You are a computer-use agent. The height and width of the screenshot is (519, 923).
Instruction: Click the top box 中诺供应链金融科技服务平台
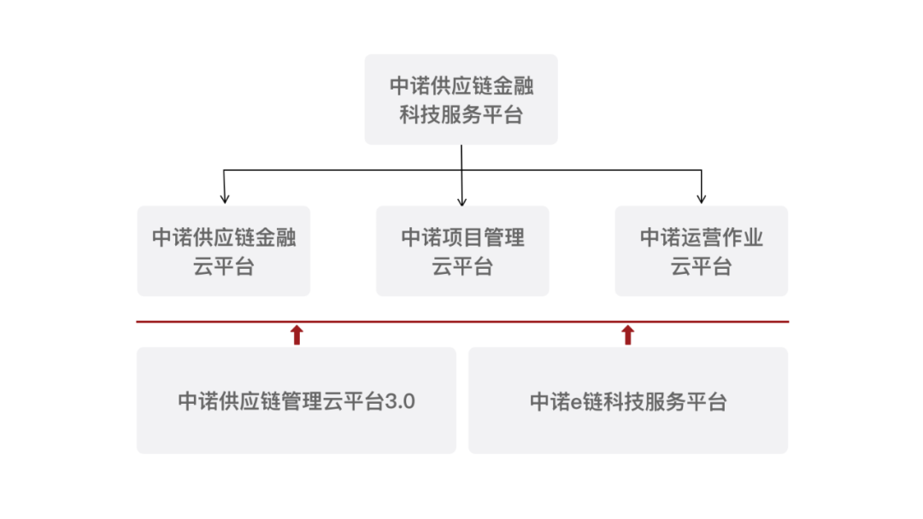coord(461,99)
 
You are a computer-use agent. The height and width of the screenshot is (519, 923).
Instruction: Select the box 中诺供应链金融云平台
coord(224,251)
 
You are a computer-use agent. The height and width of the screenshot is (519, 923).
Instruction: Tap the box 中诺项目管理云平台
coord(462,251)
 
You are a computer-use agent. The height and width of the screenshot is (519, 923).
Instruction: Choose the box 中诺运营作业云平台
coord(701,251)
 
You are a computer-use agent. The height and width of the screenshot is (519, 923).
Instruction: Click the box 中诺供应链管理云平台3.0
coord(296,400)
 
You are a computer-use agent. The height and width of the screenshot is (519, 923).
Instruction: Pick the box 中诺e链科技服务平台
coord(628,400)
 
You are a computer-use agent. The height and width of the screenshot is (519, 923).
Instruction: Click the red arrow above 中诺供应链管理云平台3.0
coord(297,335)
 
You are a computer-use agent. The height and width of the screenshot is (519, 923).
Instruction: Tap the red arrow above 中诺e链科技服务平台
coord(627,335)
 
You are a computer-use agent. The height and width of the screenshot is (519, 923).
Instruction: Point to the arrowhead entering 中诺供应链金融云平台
coord(224,199)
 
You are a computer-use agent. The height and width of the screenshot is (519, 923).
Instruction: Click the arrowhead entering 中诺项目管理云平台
coord(462,201)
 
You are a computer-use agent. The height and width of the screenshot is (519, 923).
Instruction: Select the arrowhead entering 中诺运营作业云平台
coord(701,199)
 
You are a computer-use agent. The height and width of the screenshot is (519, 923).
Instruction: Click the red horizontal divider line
coord(462,322)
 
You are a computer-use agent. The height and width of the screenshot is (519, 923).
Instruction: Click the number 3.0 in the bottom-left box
coord(400,401)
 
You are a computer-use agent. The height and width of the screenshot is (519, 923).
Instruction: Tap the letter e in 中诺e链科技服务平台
coord(576,403)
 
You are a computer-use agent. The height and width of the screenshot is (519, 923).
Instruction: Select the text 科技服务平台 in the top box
coord(461,114)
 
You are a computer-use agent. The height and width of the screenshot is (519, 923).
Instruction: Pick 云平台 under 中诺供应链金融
coord(224,266)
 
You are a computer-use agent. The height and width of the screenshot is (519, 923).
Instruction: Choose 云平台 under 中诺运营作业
coord(701,266)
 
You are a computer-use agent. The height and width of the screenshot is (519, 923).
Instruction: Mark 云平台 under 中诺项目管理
coord(462,266)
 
